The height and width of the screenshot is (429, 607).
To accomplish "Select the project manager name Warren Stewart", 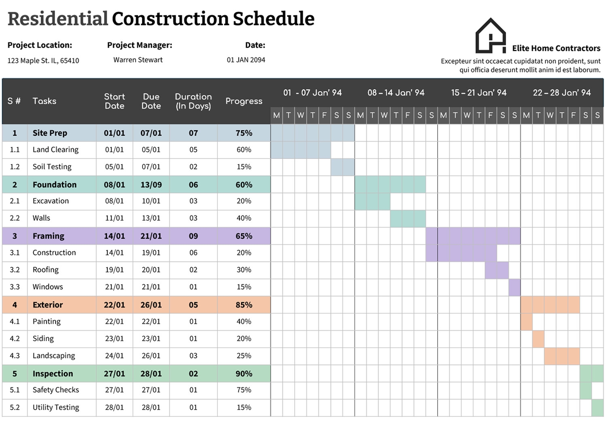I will [138, 60].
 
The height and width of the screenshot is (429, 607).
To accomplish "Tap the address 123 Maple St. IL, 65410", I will [43, 61].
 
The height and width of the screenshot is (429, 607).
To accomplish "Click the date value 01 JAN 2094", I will [246, 60].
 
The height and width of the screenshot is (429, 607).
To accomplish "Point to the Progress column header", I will [244, 101].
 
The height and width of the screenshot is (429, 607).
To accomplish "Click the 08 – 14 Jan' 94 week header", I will [396, 93].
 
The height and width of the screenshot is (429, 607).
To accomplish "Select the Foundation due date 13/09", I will [151, 185].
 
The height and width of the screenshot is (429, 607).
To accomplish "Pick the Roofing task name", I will [45, 270].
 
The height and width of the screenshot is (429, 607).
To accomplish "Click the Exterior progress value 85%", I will [244, 305].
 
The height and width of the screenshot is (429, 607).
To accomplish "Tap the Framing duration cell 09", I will [193, 236].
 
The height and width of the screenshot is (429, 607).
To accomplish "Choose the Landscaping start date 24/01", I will [114, 356].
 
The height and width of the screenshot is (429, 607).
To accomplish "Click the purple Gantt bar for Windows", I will [514, 287].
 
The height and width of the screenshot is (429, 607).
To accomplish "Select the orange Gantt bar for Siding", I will [538, 339].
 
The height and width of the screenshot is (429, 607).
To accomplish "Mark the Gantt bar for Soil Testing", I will [342, 167].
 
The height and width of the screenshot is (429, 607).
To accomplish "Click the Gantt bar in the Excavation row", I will [372, 201].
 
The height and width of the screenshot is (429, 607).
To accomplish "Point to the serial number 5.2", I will [15, 408].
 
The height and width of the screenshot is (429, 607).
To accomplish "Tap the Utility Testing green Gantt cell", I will [597, 408].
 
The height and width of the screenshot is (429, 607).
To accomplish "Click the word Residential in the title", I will [57, 19].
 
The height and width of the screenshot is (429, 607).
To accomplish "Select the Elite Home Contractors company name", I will [556, 49].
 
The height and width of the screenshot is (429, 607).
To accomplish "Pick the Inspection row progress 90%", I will [244, 374].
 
